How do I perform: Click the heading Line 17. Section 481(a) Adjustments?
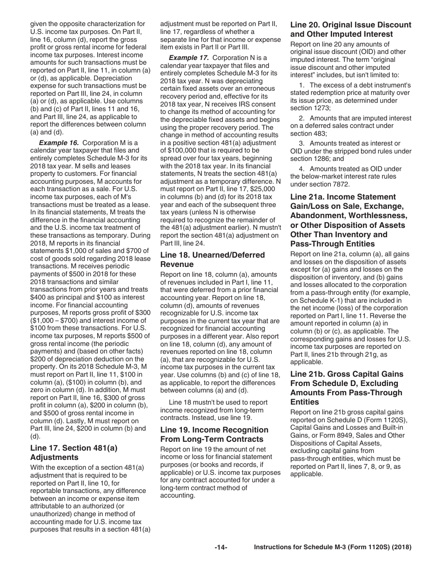(74, 452)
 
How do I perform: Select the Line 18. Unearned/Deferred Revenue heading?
(212, 259)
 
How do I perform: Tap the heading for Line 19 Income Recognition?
(214, 434)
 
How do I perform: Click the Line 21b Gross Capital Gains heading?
(347, 388)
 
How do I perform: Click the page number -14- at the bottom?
(221, 547)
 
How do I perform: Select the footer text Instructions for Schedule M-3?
(332, 547)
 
